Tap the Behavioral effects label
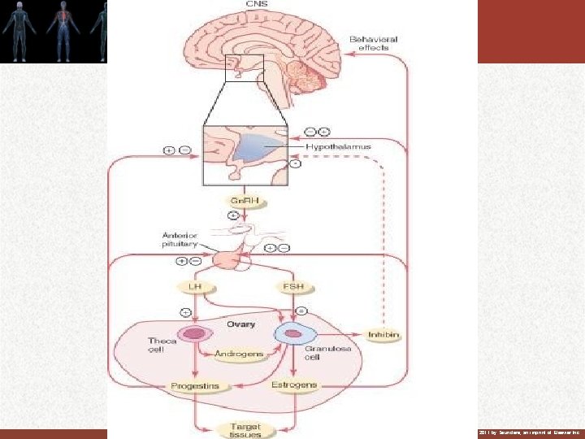pyautogui.click(x=369, y=43)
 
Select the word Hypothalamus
pyautogui.click(x=338, y=147)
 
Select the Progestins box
pyautogui.click(x=194, y=385)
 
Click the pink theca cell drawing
pyautogui.click(x=195, y=334)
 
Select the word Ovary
pyautogui.click(x=240, y=324)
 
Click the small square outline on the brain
pyautogui.click(x=244, y=68)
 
